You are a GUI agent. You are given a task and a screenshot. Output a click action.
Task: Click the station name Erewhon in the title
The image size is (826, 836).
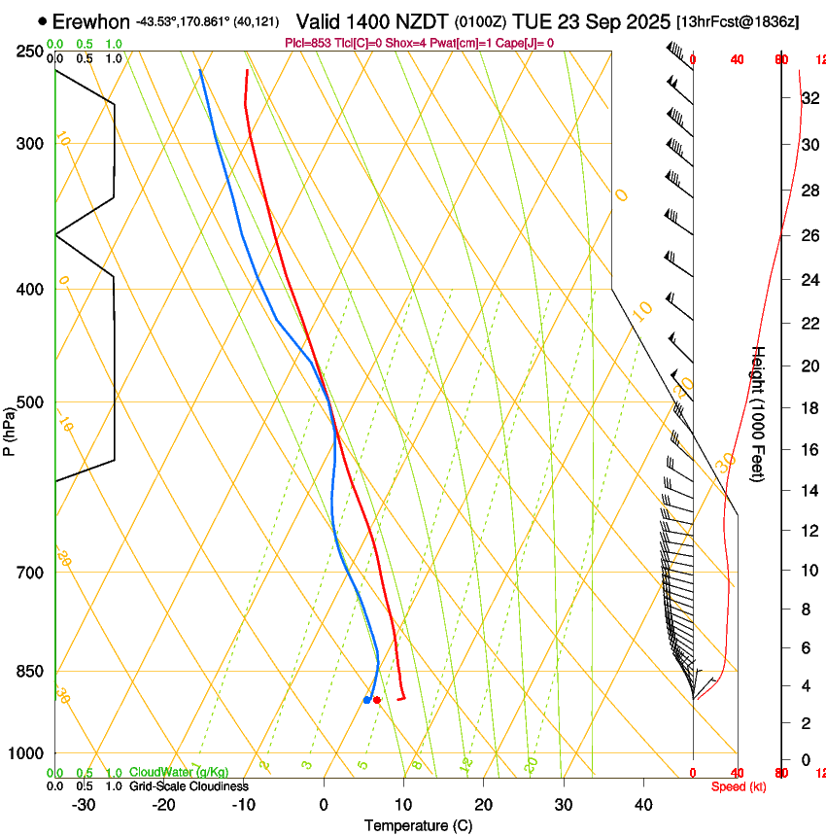pyautogui.click(x=90, y=21)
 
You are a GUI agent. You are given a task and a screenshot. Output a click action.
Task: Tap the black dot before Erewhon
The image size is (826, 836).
pyautogui.click(x=42, y=21)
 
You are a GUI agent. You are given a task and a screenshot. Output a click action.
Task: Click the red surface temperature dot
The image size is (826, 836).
pyautogui.click(x=376, y=700)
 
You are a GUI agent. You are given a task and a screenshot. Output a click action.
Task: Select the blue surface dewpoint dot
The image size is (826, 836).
pyautogui.click(x=366, y=700)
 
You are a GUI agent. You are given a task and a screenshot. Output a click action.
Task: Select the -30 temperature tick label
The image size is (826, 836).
pyautogui.click(x=84, y=805)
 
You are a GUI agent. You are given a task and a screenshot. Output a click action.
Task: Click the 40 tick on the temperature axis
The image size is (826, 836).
pyautogui.click(x=643, y=805)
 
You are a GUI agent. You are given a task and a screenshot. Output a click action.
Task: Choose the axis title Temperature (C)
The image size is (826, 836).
pyautogui.click(x=418, y=825)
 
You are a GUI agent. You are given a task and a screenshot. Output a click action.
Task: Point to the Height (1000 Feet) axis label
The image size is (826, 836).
pyautogui.click(x=760, y=414)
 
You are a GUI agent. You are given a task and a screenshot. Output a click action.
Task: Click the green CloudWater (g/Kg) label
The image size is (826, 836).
pyautogui.click(x=179, y=773)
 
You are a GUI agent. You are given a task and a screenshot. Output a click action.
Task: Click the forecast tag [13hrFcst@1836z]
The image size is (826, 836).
pyautogui.click(x=738, y=22)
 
